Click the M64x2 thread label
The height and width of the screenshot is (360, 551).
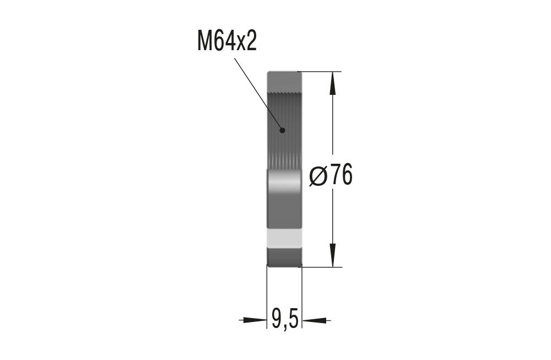point(227,41)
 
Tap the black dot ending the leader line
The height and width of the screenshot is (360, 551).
point(282,131)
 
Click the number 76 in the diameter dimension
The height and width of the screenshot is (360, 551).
point(341,176)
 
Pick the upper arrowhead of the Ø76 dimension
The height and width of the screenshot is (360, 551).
point(332,83)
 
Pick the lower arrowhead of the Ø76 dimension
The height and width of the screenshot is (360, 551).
point(332,256)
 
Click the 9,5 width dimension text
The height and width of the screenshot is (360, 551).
point(284,319)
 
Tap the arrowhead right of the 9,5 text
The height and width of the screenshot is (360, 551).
point(315,319)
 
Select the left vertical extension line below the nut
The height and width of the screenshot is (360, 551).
point(267,298)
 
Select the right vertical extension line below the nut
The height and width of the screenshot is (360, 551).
point(302,298)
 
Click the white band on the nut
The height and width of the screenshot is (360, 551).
point(284,238)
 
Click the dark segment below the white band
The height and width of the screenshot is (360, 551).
point(284,256)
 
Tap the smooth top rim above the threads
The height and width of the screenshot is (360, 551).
point(284,80)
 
